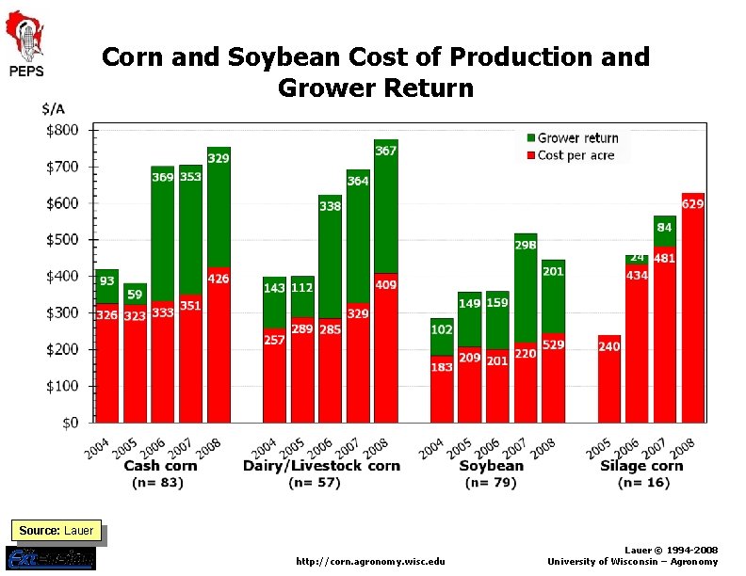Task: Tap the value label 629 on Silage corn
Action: [x=692, y=203]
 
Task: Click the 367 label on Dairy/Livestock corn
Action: [x=385, y=151]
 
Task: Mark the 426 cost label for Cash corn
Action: [x=219, y=280]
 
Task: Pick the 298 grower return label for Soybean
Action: [x=526, y=246]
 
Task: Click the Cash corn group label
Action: [x=160, y=466]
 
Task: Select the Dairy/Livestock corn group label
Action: [x=321, y=466]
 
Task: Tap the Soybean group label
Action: [x=491, y=466]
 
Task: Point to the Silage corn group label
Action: [x=641, y=466]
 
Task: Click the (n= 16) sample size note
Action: [x=644, y=483]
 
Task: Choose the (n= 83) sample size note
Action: [x=157, y=483]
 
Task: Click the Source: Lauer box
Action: [x=57, y=531]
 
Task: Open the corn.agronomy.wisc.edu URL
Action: [x=370, y=562]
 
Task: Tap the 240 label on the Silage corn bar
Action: [x=609, y=346]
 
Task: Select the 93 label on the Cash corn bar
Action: [x=106, y=281]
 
